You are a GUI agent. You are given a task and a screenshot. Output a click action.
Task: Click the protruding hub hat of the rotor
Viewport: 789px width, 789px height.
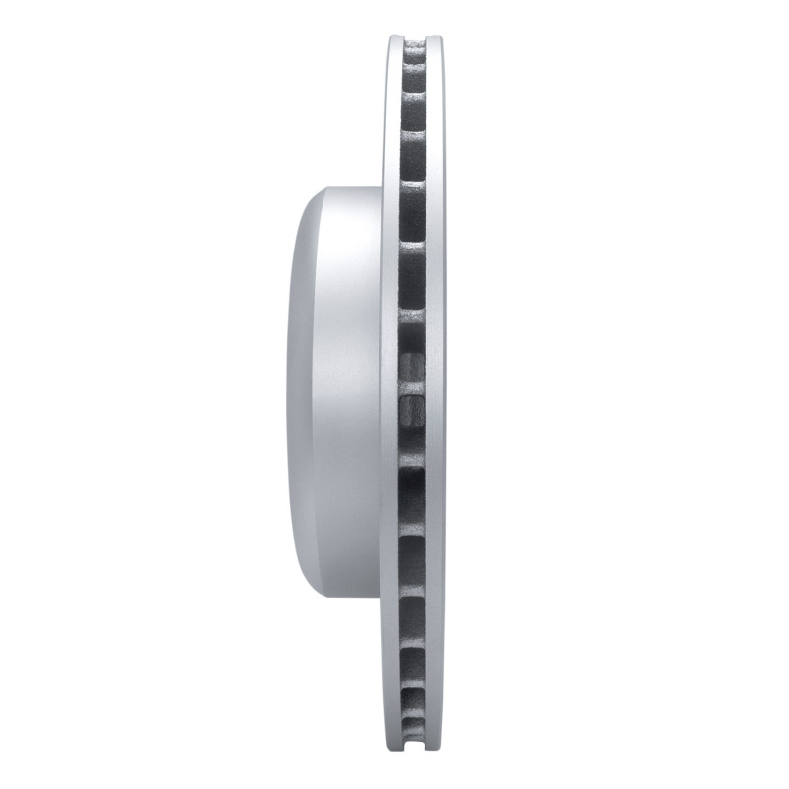pyautogui.click(x=340, y=394)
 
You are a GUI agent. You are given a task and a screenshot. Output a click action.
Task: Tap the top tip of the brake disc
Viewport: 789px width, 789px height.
pyautogui.click(x=415, y=36)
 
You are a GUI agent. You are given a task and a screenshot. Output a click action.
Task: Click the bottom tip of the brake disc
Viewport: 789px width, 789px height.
pyautogui.click(x=415, y=753)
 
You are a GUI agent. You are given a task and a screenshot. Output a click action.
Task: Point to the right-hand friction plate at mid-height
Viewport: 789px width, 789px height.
pyautogui.click(x=435, y=394)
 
